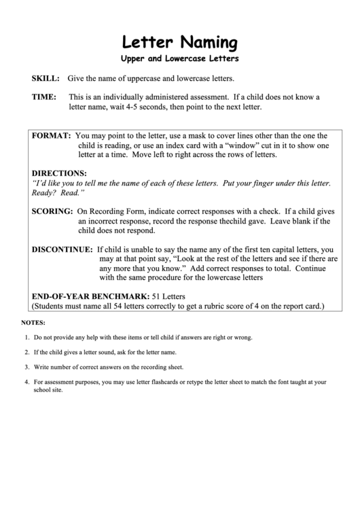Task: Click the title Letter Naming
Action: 180,43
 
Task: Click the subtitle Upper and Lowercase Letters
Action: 180,59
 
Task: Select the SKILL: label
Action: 46,79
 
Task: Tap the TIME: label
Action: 44,97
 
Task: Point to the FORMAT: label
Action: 52,136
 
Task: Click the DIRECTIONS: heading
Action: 60,173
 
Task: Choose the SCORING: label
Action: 53,211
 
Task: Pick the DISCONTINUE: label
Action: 62,249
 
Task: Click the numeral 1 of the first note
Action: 26,337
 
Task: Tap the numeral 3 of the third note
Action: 26,367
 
